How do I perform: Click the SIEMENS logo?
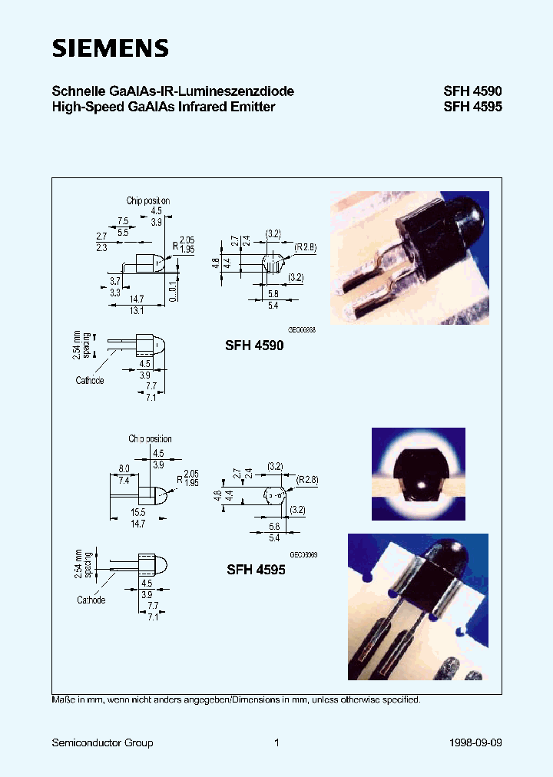110,48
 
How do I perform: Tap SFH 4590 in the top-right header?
472,91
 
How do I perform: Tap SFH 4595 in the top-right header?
472,107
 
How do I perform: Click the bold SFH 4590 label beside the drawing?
254,346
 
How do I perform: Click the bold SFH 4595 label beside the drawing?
256,570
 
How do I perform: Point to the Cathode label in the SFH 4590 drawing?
90,380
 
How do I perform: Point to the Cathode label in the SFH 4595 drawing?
91,600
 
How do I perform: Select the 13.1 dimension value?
136,311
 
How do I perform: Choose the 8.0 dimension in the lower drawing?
124,468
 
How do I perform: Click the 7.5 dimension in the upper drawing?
123,220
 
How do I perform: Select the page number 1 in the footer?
276,742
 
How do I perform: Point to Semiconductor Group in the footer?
102,742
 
